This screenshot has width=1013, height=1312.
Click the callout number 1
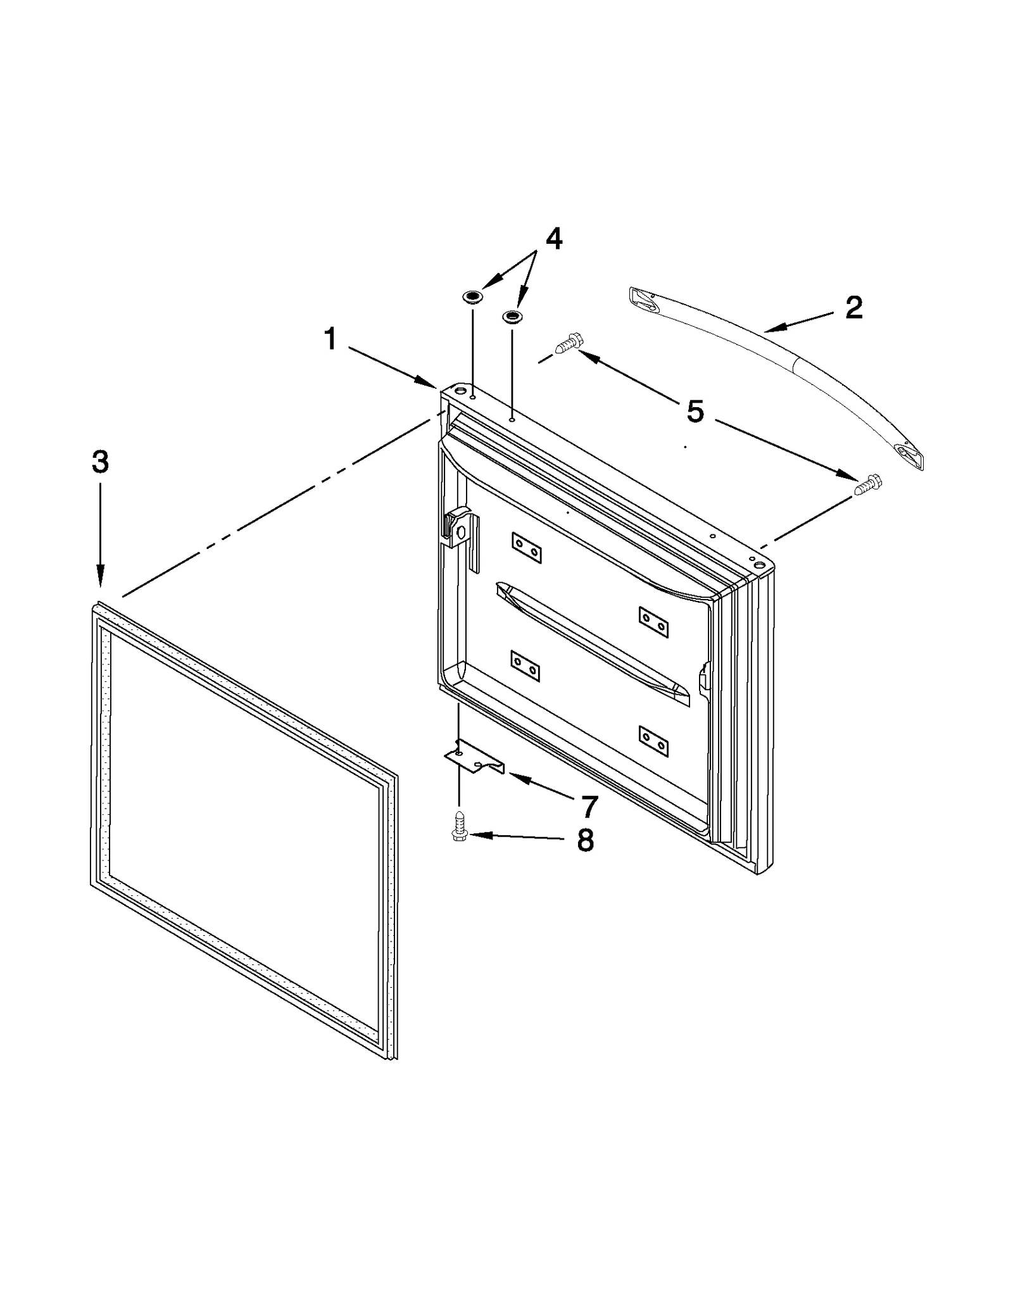[x=330, y=339]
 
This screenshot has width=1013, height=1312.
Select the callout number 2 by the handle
[x=853, y=308]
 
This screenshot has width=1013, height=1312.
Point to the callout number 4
[x=553, y=239]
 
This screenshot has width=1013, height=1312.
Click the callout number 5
[x=695, y=412]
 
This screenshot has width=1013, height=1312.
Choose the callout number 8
[x=585, y=841]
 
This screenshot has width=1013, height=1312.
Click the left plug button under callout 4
[x=472, y=297]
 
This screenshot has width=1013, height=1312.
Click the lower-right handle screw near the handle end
[x=868, y=485]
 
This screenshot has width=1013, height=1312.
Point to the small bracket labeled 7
[x=474, y=758]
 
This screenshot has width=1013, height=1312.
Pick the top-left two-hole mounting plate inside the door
[x=526, y=547]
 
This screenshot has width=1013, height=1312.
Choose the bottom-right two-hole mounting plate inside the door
[x=653, y=741]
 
